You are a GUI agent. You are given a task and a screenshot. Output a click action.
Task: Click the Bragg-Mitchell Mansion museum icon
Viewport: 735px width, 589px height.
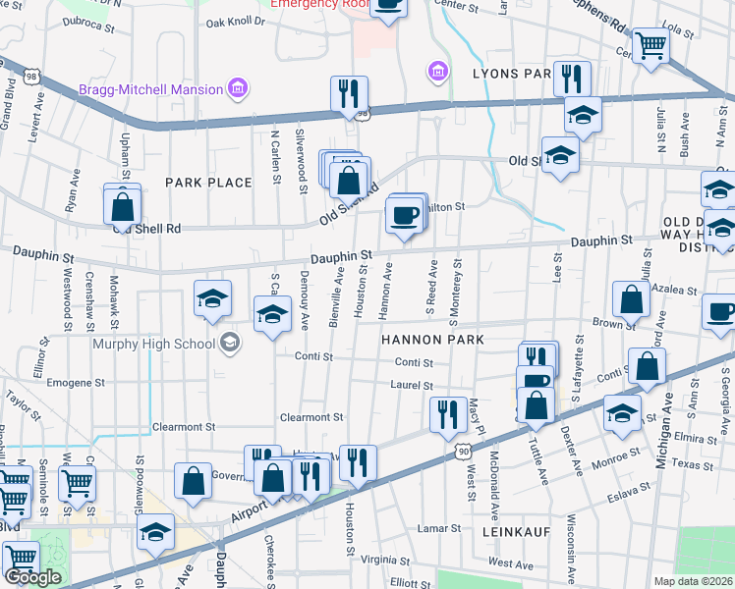pos(237,90)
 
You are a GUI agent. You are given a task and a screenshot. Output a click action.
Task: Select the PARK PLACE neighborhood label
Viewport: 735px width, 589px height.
pos(208,183)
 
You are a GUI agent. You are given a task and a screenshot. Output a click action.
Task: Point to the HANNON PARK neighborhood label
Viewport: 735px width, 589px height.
pos(433,340)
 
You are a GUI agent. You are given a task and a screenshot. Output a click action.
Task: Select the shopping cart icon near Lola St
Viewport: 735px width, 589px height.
pos(650,44)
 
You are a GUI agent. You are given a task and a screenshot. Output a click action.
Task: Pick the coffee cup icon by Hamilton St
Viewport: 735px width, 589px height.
pos(403,214)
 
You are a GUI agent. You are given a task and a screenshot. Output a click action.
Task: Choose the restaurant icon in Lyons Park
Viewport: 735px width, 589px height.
pos(571,78)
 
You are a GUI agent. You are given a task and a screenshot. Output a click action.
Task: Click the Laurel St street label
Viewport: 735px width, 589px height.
pos(413,387)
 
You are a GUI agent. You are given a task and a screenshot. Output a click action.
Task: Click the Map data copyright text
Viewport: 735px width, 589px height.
pos(693,581)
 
